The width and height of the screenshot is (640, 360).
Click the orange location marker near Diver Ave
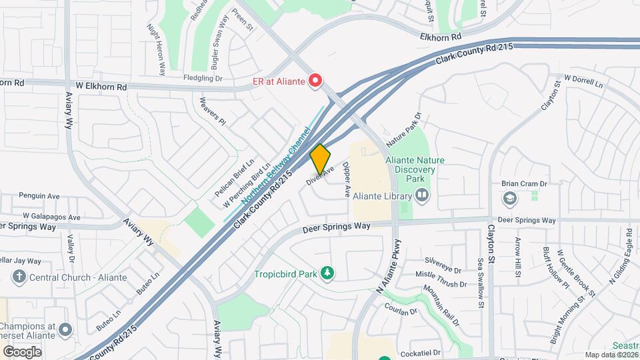320,159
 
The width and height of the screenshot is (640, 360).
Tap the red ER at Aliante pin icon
315,81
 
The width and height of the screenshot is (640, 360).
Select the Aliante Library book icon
421,195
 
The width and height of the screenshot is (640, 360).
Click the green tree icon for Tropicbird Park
327,273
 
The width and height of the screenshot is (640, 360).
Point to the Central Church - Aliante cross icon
19,277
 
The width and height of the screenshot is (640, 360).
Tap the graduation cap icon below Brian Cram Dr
510,198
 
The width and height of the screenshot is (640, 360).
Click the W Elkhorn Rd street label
101,87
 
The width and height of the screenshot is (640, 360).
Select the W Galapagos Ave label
51,217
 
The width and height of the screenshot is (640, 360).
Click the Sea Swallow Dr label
480,283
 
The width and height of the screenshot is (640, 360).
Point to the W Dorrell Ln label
583,81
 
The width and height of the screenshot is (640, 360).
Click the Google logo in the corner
22,351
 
